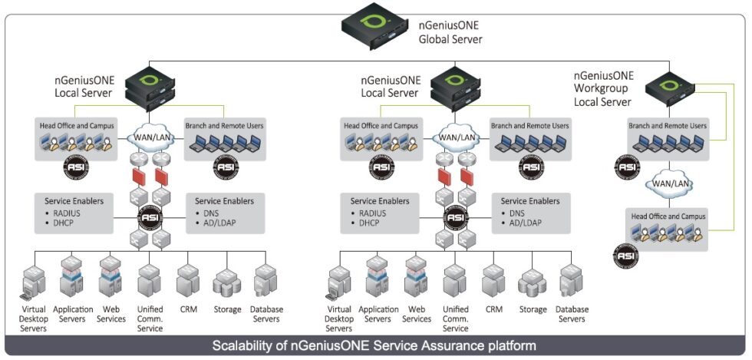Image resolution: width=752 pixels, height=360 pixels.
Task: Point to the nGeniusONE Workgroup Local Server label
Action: (604, 88)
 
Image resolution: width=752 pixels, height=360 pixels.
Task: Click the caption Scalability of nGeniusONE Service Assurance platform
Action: (374, 345)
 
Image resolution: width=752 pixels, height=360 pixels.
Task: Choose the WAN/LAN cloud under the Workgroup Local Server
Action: (665, 185)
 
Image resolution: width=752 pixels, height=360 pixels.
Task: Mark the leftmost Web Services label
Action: (111, 314)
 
